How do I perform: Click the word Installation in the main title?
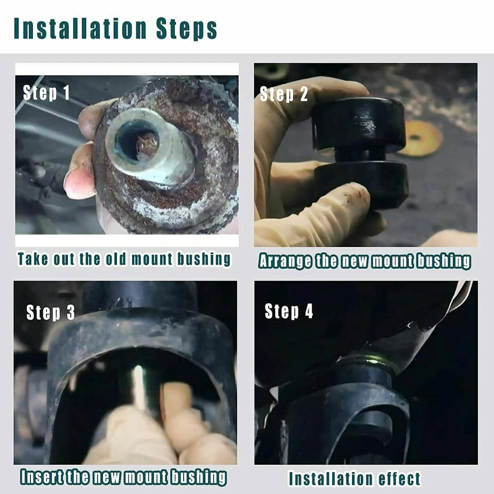point(80,28)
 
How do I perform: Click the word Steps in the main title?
point(186,29)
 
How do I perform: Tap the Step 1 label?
point(46,93)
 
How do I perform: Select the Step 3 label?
point(50,312)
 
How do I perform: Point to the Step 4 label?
point(289,311)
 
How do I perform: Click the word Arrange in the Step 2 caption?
point(285,261)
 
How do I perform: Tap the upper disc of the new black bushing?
point(359,123)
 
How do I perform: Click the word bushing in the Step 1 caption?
point(204,259)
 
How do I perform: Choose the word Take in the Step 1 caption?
point(33,259)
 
